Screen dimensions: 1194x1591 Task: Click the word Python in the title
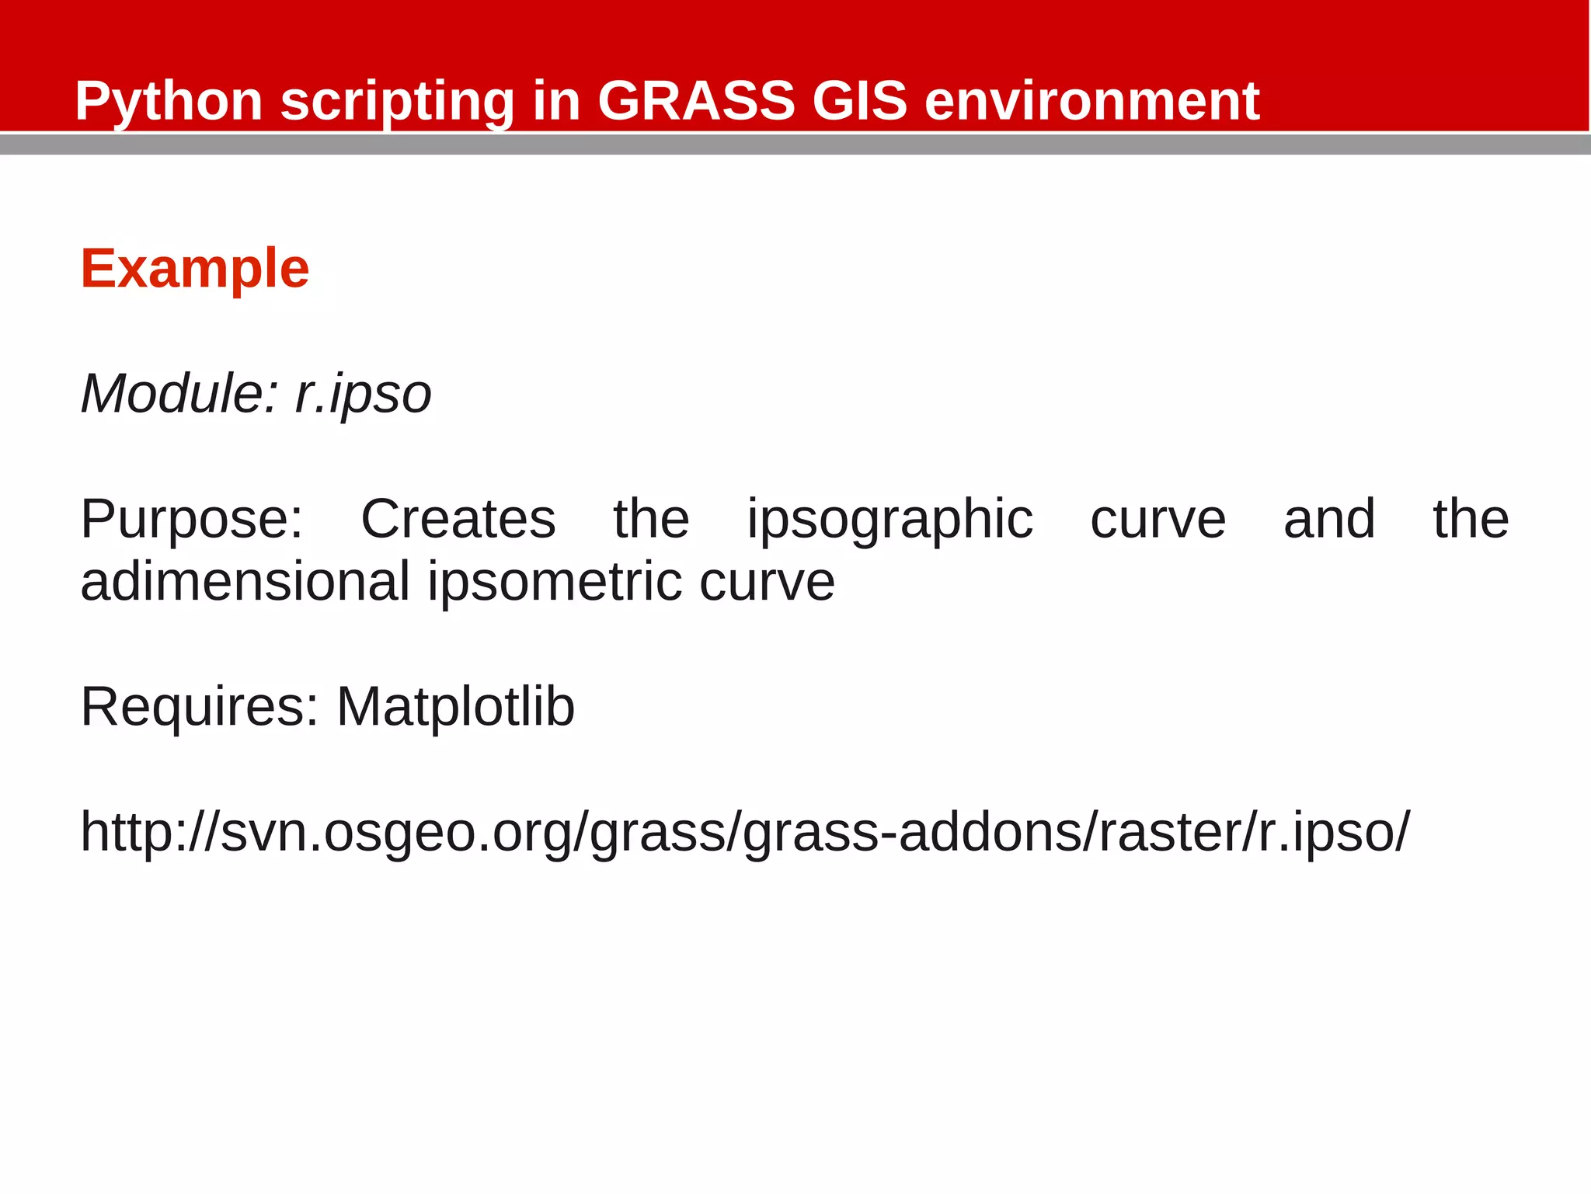click(169, 102)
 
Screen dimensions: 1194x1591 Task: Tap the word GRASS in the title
click(696, 102)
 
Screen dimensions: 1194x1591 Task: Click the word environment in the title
click(1091, 102)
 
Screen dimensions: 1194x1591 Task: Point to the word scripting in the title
click(397, 102)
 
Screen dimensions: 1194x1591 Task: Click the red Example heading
click(195, 269)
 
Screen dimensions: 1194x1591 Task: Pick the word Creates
click(458, 519)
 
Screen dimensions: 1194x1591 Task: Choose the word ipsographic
click(889, 520)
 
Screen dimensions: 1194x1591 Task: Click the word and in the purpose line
click(1328, 519)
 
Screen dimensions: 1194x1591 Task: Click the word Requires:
click(200, 707)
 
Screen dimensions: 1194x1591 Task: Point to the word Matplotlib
click(455, 707)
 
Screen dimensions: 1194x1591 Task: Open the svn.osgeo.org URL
click(744, 833)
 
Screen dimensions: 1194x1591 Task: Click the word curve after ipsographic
click(1158, 519)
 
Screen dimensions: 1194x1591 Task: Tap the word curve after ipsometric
click(767, 582)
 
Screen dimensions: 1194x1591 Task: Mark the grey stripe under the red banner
click(795, 144)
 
